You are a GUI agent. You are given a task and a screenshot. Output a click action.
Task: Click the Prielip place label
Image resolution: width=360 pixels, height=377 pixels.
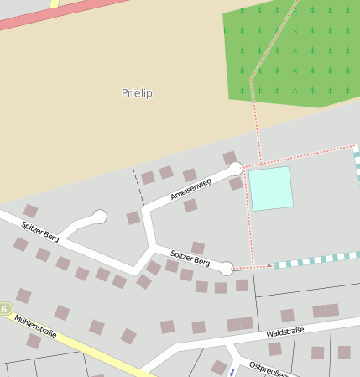[x=137, y=93]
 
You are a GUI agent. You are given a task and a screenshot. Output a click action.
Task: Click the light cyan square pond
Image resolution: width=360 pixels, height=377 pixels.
[x=271, y=188]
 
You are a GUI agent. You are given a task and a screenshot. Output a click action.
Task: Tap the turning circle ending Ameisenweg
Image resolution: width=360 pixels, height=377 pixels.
[x=236, y=169]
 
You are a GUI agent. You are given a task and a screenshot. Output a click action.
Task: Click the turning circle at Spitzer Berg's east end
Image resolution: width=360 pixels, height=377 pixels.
[x=226, y=269]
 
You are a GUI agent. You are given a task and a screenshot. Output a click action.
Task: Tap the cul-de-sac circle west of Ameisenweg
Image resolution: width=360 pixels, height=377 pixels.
[x=100, y=217]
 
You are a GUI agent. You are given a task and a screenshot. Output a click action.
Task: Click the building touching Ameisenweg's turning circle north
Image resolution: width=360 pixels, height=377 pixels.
[x=229, y=157]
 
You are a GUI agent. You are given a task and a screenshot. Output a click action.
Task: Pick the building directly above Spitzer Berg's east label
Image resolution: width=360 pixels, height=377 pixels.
[x=198, y=247]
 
